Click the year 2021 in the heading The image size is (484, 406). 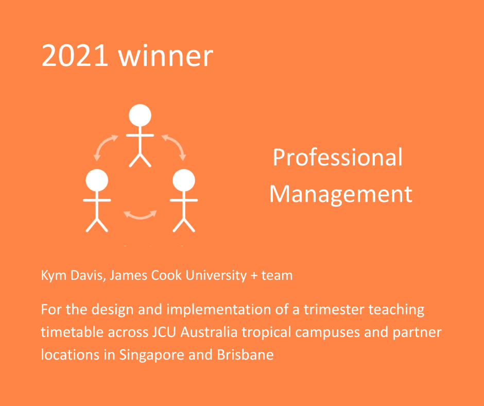coord(75,55)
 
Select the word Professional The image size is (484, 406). coord(338,157)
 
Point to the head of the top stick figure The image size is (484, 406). coord(140,115)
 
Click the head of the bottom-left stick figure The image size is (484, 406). coord(97,180)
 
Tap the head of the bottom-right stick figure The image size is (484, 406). coord(184,180)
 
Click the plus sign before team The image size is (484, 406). coord(254,276)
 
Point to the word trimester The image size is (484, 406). coord(333,309)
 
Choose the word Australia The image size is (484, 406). coord(209,332)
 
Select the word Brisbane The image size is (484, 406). coord(245,354)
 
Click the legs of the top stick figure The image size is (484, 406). coord(140,160)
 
